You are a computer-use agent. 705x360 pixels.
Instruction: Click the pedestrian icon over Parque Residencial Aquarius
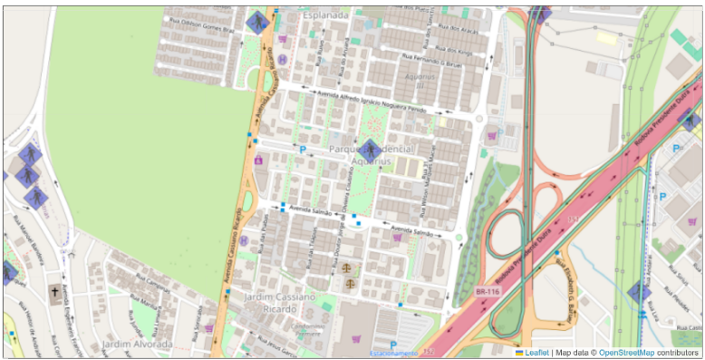370,151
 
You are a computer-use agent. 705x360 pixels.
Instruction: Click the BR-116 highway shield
486,291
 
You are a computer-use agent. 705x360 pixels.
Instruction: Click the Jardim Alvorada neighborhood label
137,345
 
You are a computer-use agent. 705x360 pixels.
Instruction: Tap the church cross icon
55,293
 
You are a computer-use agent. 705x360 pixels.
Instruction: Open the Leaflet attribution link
534,352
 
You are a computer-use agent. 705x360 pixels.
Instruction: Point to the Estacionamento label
392,353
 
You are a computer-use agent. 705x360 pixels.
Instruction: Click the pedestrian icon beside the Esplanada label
257,22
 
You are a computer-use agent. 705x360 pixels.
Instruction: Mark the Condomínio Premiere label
310,327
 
